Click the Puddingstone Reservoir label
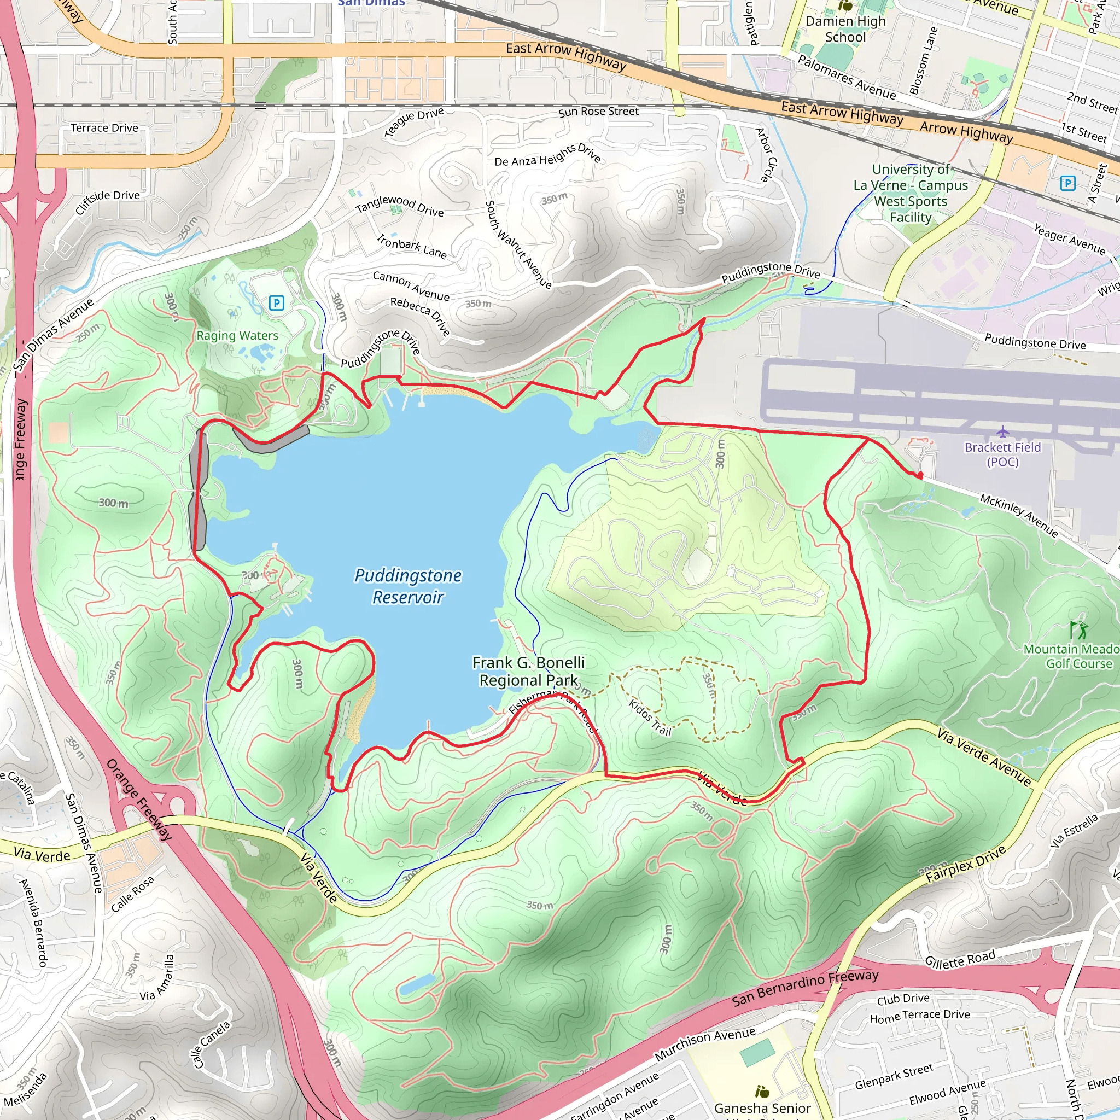pyautogui.click(x=408, y=586)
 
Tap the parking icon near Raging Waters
pyautogui.click(x=277, y=302)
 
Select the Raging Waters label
pyautogui.click(x=237, y=335)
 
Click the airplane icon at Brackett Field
pyautogui.click(x=1002, y=431)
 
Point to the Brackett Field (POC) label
pyautogui.click(x=1002, y=454)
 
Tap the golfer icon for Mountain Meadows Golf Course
pyautogui.click(x=1079, y=629)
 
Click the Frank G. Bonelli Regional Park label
pyautogui.click(x=528, y=672)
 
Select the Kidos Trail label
pyautogui.click(x=650, y=717)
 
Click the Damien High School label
pyautogui.click(x=845, y=29)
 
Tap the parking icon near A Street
pyautogui.click(x=1067, y=183)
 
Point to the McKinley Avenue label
pyautogui.click(x=1018, y=515)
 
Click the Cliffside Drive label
pyautogui.click(x=108, y=202)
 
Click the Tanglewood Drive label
pyautogui.click(x=399, y=205)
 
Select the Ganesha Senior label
pyautogui.click(x=762, y=1108)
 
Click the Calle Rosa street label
pyautogui.click(x=132, y=894)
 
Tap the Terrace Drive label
pyautogui.click(x=104, y=127)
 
